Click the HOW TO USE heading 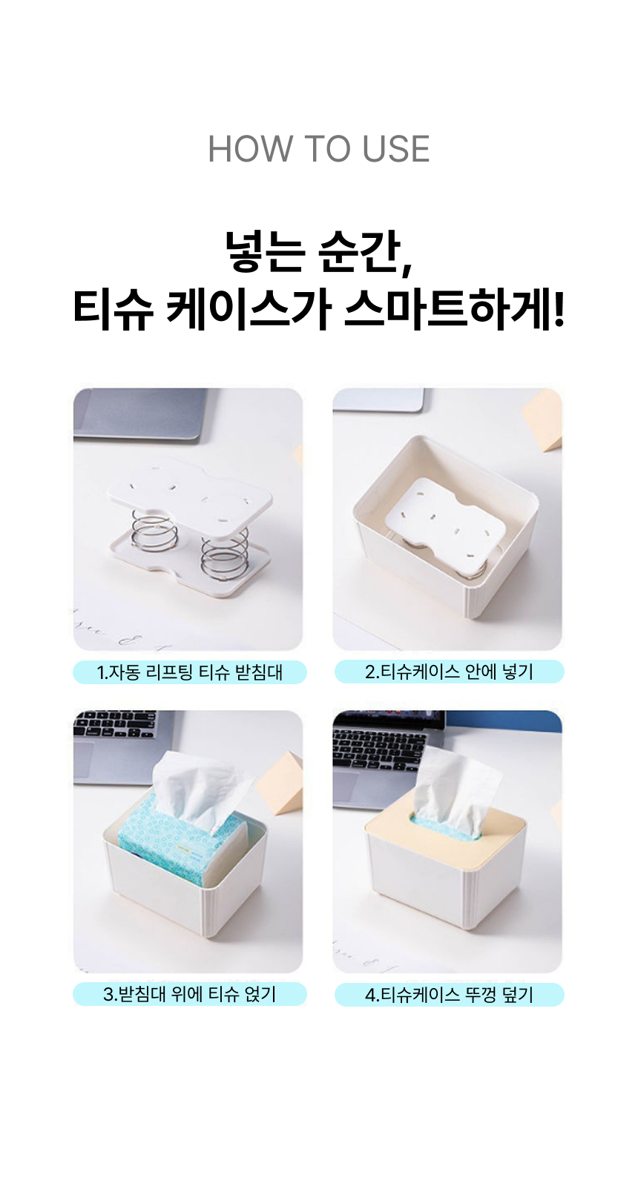click(x=318, y=149)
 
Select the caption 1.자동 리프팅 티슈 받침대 click(x=190, y=672)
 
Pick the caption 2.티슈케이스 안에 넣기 click(x=449, y=672)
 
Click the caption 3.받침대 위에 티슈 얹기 click(x=190, y=994)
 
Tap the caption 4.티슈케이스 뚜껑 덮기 click(x=449, y=995)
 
